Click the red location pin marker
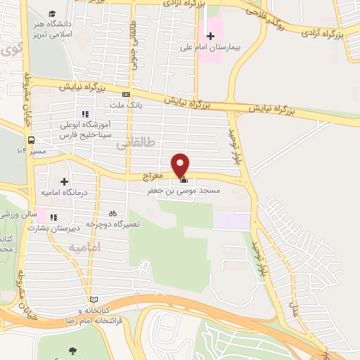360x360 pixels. point(181,165)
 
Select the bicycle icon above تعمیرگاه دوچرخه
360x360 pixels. point(112,213)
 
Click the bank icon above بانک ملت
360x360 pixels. point(126,94)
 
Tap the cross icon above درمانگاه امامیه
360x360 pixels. point(64,181)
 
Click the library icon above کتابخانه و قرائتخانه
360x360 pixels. point(94,299)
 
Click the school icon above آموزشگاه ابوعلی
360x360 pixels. point(84,114)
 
